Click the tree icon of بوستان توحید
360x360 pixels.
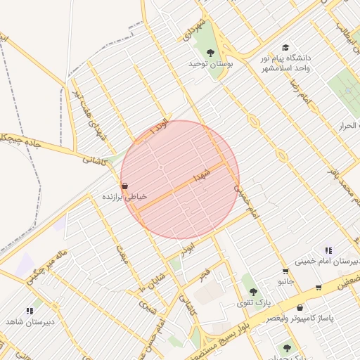coord(210,52)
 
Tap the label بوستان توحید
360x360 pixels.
coord(210,64)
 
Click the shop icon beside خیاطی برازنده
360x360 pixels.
coord(124,186)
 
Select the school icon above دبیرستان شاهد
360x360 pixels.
coord(30,310)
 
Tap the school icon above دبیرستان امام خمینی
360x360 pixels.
coord(328,250)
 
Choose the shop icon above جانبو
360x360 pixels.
coord(285,271)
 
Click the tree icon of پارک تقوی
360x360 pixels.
coord(252,292)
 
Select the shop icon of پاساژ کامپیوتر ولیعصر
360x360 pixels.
coord(300,307)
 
